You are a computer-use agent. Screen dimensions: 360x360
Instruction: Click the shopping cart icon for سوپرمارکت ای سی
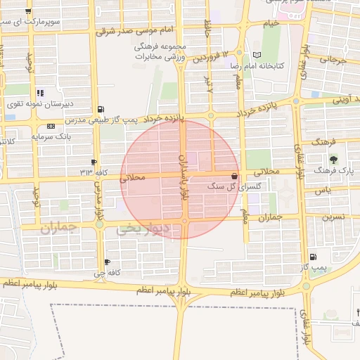(27, 12)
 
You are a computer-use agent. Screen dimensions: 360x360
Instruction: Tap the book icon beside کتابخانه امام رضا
(257, 55)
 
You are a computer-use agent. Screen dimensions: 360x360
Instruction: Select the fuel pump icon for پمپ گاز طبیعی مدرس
(102, 109)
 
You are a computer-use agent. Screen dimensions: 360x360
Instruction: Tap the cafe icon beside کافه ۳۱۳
(94, 162)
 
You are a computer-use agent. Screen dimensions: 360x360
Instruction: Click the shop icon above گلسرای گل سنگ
(233, 176)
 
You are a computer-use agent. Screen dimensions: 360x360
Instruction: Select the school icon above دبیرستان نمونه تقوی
(41, 93)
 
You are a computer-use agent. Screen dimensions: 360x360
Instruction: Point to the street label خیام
(271, 22)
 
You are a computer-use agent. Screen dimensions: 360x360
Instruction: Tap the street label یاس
(323, 190)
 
